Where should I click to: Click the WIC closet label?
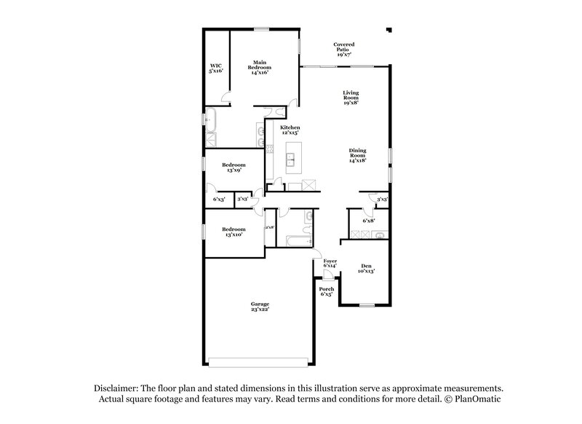(216, 68)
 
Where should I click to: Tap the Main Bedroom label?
(262, 68)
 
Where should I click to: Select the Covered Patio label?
(345, 50)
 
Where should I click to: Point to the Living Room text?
(352, 98)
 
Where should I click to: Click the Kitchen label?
(290, 130)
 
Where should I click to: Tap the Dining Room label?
(356, 155)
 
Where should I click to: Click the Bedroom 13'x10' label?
(234, 232)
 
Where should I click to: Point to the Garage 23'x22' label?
(260, 307)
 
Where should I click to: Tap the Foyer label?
(330, 263)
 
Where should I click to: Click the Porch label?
(327, 292)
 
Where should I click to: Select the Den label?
(366, 269)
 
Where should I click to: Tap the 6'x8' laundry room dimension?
(369, 221)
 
